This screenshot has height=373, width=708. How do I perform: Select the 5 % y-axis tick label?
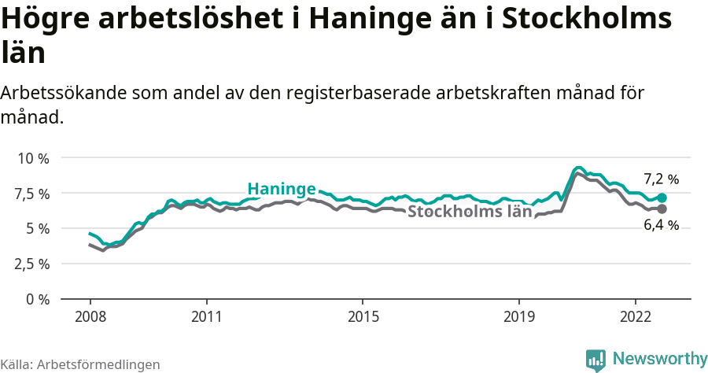(37, 228)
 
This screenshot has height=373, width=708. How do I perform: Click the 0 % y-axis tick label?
(37, 299)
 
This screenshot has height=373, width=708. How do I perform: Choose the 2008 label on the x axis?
(90, 316)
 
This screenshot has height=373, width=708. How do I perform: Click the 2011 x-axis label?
(206, 316)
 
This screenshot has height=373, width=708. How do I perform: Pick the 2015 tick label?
(362, 316)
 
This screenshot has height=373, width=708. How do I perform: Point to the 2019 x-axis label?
(518, 316)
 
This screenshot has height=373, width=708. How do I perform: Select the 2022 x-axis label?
(635, 316)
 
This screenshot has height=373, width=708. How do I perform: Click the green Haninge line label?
(282, 189)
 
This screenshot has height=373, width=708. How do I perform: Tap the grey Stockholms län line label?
(469, 212)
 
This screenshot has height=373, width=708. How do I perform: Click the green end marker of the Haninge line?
(662, 198)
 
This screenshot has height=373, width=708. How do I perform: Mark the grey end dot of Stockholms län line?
(662, 209)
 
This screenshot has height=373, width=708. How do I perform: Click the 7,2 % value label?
(661, 179)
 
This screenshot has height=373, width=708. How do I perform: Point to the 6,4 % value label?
(661, 226)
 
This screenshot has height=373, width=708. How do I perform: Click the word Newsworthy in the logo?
(659, 359)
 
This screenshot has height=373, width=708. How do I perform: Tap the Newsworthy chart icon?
(596, 360)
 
